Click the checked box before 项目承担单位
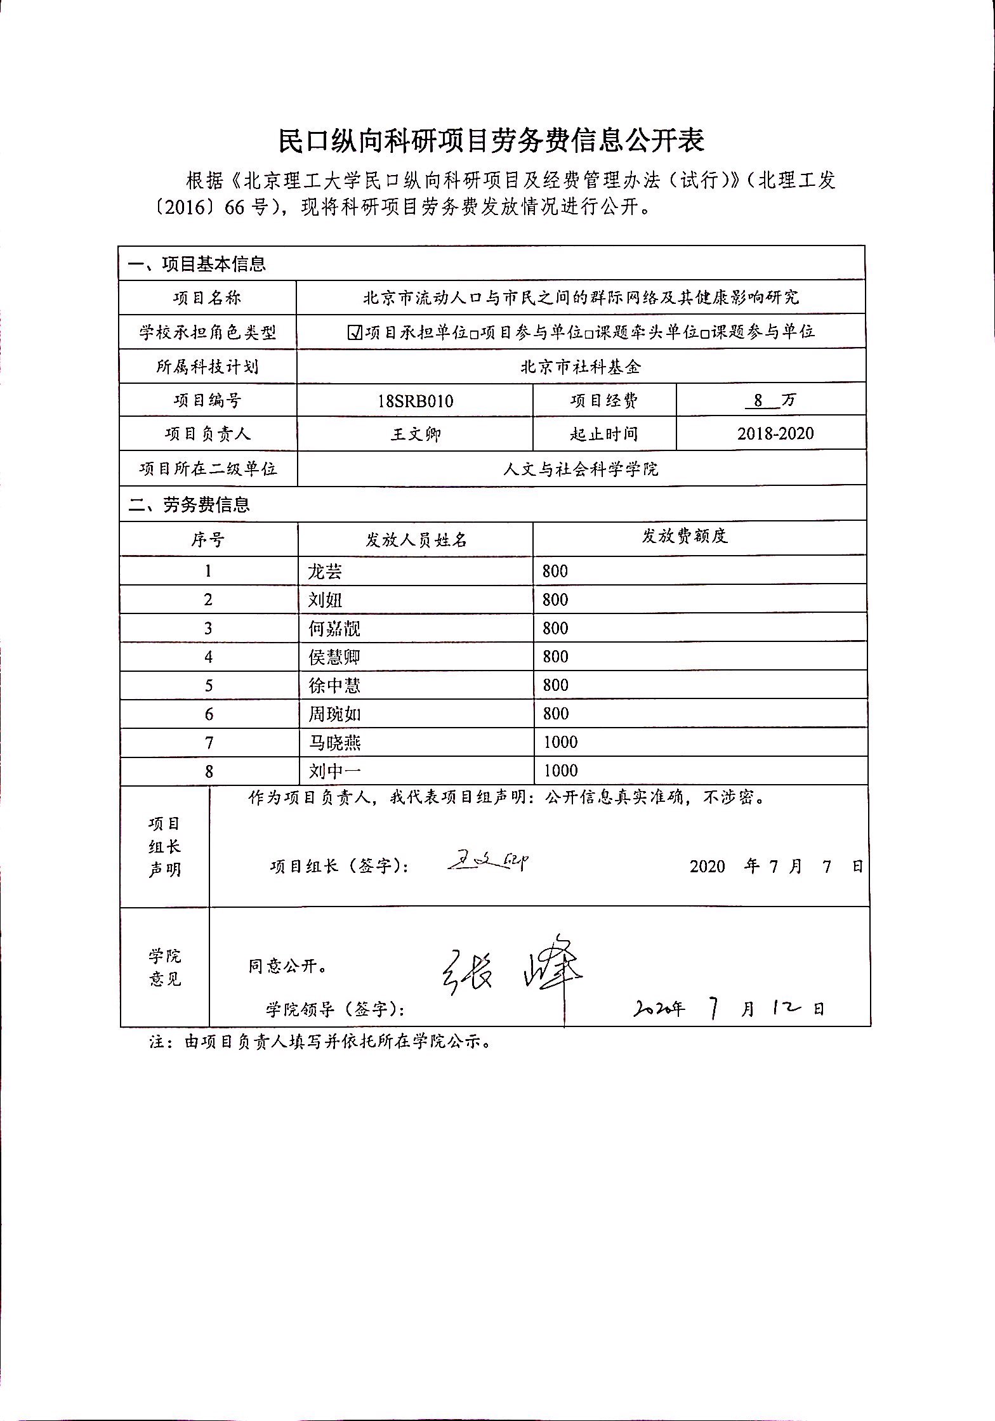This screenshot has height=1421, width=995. click(355, 332)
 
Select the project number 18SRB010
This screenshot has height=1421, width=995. click(415, 401)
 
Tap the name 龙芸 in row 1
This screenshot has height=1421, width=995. click(325, 572)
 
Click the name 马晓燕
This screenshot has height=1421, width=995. click(334, 743)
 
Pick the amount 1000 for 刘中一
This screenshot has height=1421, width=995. click(560, 771)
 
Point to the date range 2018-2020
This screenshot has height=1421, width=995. click(775, 434)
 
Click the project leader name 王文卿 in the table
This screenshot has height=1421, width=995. click(415, 435)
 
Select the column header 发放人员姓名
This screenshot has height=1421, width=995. click(416, 540)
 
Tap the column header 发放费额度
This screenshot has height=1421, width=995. click(684, 537)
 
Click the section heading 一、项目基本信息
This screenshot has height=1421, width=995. click(197, 264)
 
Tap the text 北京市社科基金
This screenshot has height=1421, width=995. click(581, 367)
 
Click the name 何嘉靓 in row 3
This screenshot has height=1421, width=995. click(334, 629)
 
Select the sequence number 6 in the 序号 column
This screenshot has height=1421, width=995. click(209, 714)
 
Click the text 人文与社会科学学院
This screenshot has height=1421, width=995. click(581, 469)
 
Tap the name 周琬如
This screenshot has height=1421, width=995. click(334, 714)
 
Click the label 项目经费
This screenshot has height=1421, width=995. click(603, 401)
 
